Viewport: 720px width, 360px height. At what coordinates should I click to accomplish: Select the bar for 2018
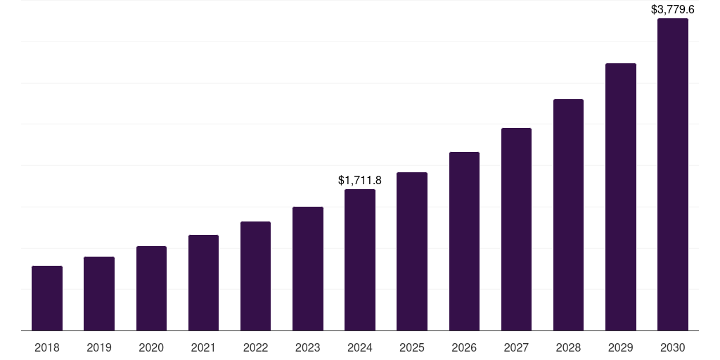(x=47, y=298)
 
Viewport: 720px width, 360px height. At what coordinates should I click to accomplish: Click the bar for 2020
(x=151, y=288)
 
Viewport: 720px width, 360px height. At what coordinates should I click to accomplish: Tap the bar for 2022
(x=255, y=276)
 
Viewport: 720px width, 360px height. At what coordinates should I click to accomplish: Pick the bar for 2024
(x=360, y=259)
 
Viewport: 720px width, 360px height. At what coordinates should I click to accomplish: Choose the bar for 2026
(x=464, y=241)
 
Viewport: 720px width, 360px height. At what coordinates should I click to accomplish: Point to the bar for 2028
(x=568, y=214)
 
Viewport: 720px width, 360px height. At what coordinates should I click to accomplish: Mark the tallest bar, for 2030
(x=673, y=174)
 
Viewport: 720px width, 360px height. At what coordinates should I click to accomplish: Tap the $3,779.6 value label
(x=673, y=10)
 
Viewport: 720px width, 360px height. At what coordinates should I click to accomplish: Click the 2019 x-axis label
(x=99, y=347)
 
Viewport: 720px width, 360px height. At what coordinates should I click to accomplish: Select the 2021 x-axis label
(x=203, y=347)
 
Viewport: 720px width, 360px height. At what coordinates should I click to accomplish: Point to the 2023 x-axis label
(x=308, y=347)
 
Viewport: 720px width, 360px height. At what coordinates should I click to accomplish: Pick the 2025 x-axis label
(x=412, y=347)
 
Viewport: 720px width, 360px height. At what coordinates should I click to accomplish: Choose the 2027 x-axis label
(x=516, y=347)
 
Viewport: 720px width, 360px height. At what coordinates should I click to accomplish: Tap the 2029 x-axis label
(x=620, y=347)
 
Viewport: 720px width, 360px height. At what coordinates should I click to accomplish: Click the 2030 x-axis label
(x=673, y=347)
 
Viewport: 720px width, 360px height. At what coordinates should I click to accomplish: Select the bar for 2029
(x=620, y=197)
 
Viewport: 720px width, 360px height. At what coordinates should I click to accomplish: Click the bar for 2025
(x=412, y=251)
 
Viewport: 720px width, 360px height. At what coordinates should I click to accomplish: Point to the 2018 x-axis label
(x=47, y=347)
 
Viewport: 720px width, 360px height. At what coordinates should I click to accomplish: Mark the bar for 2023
(x=308, y=269)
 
